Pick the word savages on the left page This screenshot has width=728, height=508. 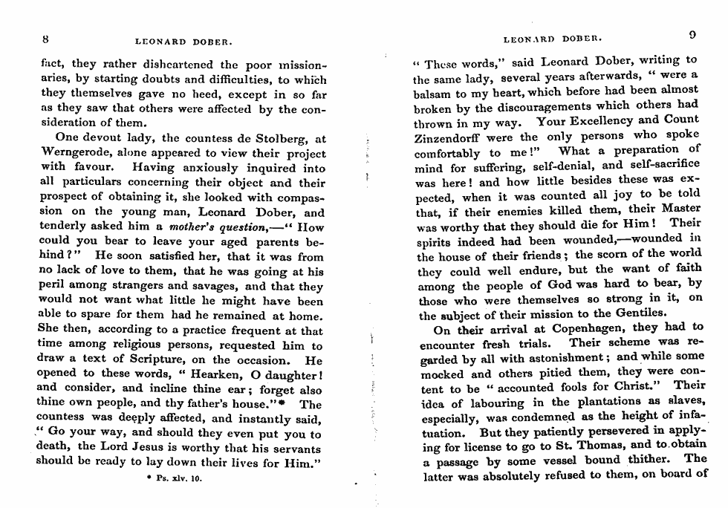pyautogui.click(x=221, y=286)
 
